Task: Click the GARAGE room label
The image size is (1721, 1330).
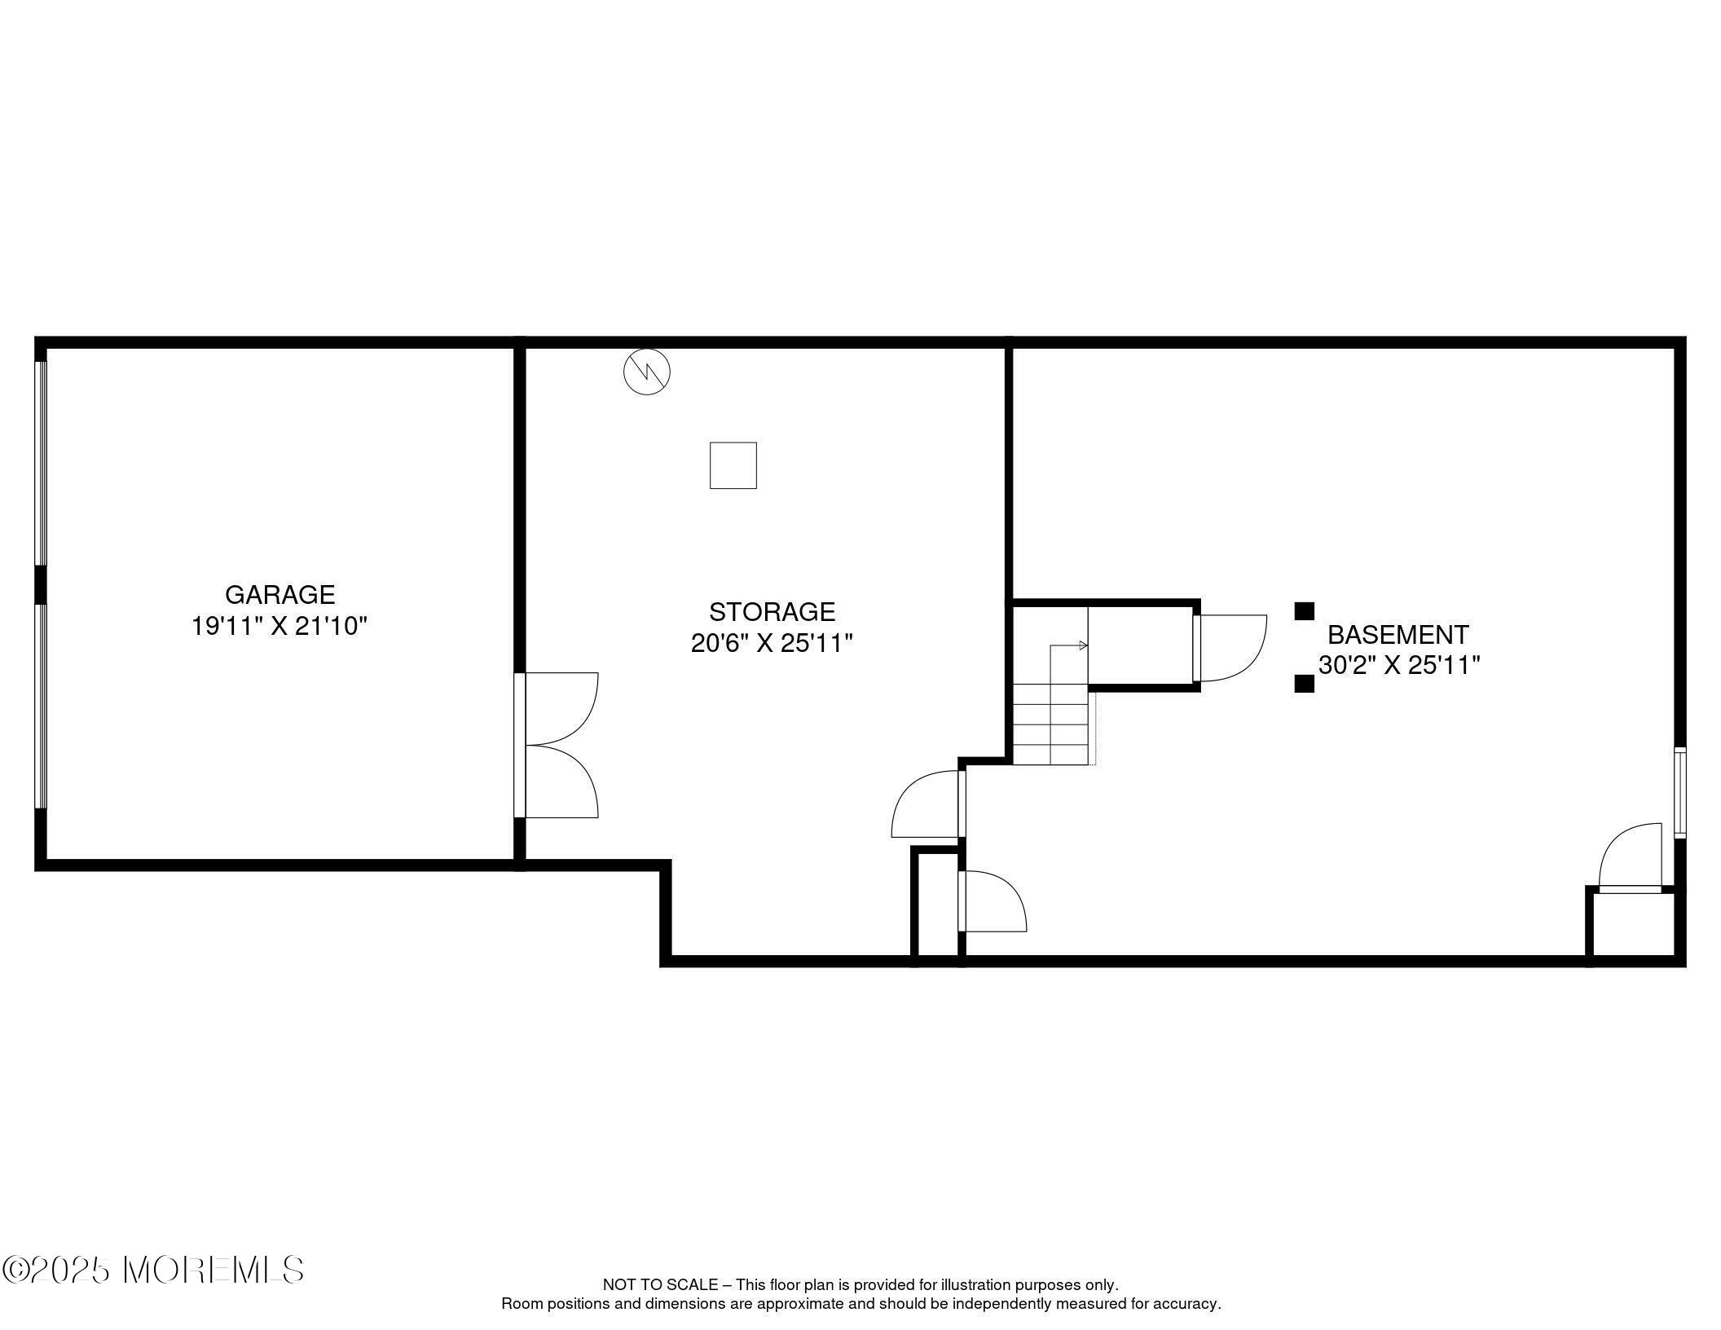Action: click(279, 594)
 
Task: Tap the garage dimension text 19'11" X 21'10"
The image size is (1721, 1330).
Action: click(279, 626)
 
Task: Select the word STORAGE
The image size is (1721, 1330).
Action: click(772, 611)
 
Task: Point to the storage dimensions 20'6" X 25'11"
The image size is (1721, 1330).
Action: click(772, 643)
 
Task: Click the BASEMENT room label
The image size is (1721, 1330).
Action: click(1398, 634)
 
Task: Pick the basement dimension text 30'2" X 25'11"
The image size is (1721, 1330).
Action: click(1398, 665)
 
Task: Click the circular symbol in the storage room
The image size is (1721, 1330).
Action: click(647, 372)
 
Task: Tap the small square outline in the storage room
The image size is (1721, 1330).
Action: click(733, 465)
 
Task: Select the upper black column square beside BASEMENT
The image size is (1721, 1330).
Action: click(1305, 611)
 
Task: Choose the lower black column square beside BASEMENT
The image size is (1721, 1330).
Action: click(1305, 683)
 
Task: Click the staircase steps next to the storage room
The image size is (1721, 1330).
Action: click(1053, 724)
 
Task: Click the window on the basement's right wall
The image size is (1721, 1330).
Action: click(1679, 792)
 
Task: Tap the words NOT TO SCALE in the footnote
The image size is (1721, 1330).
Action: click(660, 1285)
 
